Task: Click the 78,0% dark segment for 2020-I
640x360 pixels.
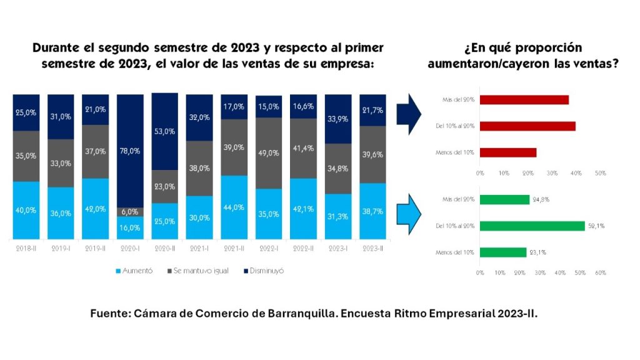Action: point(131,151)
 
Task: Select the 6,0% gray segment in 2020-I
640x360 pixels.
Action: point(131,212)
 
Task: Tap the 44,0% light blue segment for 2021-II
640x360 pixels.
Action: point(234,207)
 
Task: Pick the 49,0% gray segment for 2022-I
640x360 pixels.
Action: point(268,153)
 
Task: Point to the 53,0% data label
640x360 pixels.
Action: point(164,132)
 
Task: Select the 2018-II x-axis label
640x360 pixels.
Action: point(26,249)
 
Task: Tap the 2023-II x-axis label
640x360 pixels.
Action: point(372,249)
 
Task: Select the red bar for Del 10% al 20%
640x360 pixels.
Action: point(527,126)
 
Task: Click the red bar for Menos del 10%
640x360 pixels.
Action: point(508,152)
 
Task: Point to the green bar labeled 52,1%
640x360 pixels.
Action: point(532,226)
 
